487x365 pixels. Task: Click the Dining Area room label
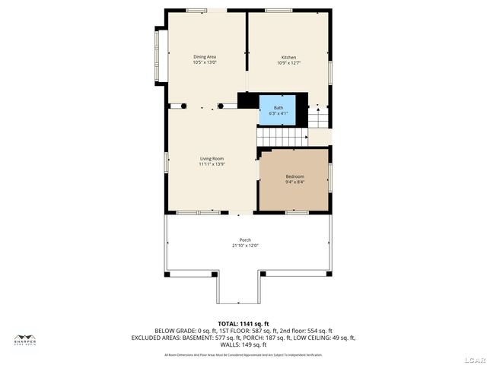tap(205, 56)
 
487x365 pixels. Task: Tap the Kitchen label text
tap(288, 58)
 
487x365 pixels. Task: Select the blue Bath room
tap(279, 110)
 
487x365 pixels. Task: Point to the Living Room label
tap(212, 158)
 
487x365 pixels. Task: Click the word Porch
tap(245, 240)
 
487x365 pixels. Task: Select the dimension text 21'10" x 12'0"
tap(245, 246)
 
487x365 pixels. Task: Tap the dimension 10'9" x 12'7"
tap(288, 63)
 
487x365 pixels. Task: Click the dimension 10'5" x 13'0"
tap(205, 62)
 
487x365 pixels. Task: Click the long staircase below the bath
tap(282, 137)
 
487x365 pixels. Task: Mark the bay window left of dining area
tap(161, 57)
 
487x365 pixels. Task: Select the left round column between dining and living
tap(182, 105)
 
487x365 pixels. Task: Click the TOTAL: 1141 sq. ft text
tap(243, 324)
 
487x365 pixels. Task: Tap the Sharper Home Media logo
tap(26, 340)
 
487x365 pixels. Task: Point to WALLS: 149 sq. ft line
tap(243, 344)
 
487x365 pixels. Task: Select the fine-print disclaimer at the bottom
tap(243, 354)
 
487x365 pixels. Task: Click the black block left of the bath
tap(248, 100)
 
